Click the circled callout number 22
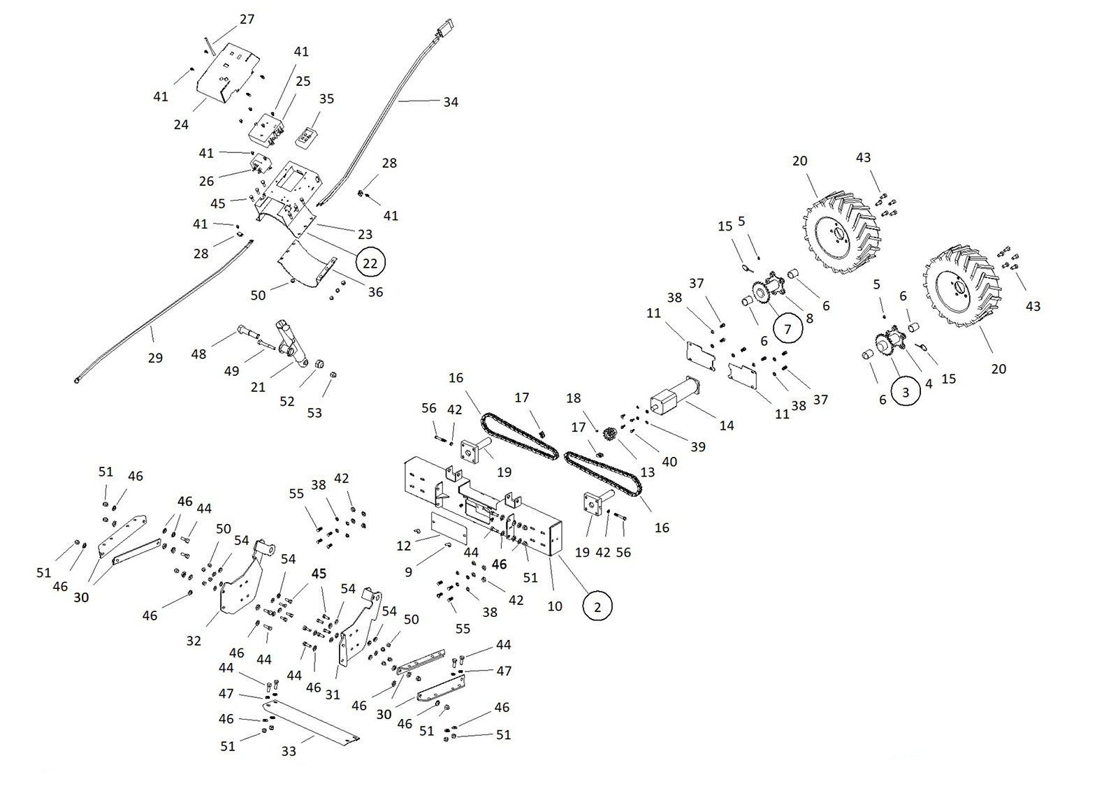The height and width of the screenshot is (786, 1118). (370, 263)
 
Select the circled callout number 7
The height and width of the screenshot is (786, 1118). (787, 328)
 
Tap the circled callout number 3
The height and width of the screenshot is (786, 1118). (906, 392)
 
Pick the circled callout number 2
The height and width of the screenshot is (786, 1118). (597, 606)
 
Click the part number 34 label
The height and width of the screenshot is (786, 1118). (451, 102)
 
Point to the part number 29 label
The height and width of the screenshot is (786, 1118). (155, 358)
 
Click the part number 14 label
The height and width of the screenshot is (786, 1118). (727, 425)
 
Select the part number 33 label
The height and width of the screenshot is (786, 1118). (289, 751)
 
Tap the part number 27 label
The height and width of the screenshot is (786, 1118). (247, 20)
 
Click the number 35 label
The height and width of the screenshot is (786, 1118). (326, 99)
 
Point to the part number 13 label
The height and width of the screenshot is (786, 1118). (648, 472)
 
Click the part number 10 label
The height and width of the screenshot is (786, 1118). (555, 606)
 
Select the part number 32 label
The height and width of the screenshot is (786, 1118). (194, 640)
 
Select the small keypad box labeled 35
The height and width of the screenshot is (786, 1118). (306, 138)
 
